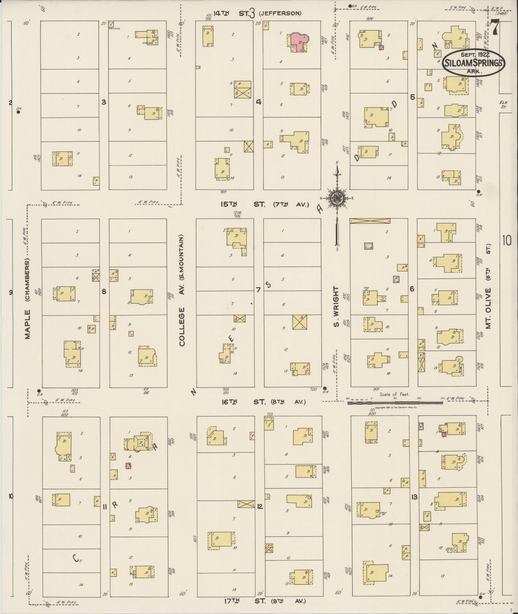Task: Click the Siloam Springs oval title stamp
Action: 473,63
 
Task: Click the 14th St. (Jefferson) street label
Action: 254,13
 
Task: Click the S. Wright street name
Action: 336,307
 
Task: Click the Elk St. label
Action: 503,105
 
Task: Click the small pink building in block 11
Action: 128,466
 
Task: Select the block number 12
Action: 260,506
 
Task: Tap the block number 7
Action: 258,290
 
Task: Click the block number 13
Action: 414,497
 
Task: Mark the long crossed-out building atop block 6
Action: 370,221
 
